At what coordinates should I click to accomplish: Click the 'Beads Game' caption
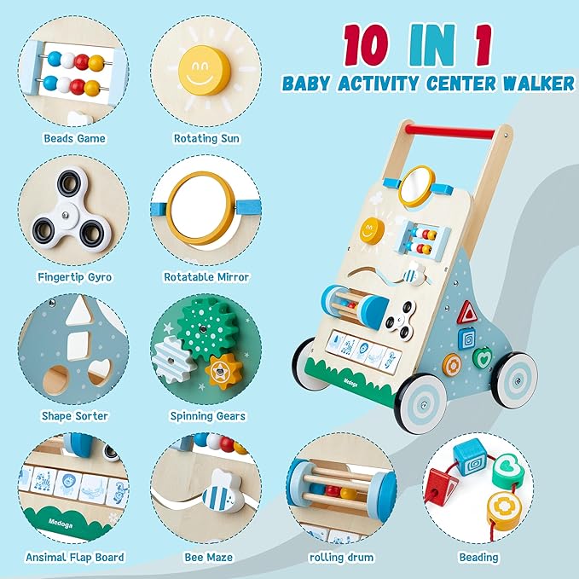73,137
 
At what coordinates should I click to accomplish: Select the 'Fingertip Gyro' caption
73,276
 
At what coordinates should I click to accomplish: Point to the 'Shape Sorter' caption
73,416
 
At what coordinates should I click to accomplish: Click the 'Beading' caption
478,557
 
